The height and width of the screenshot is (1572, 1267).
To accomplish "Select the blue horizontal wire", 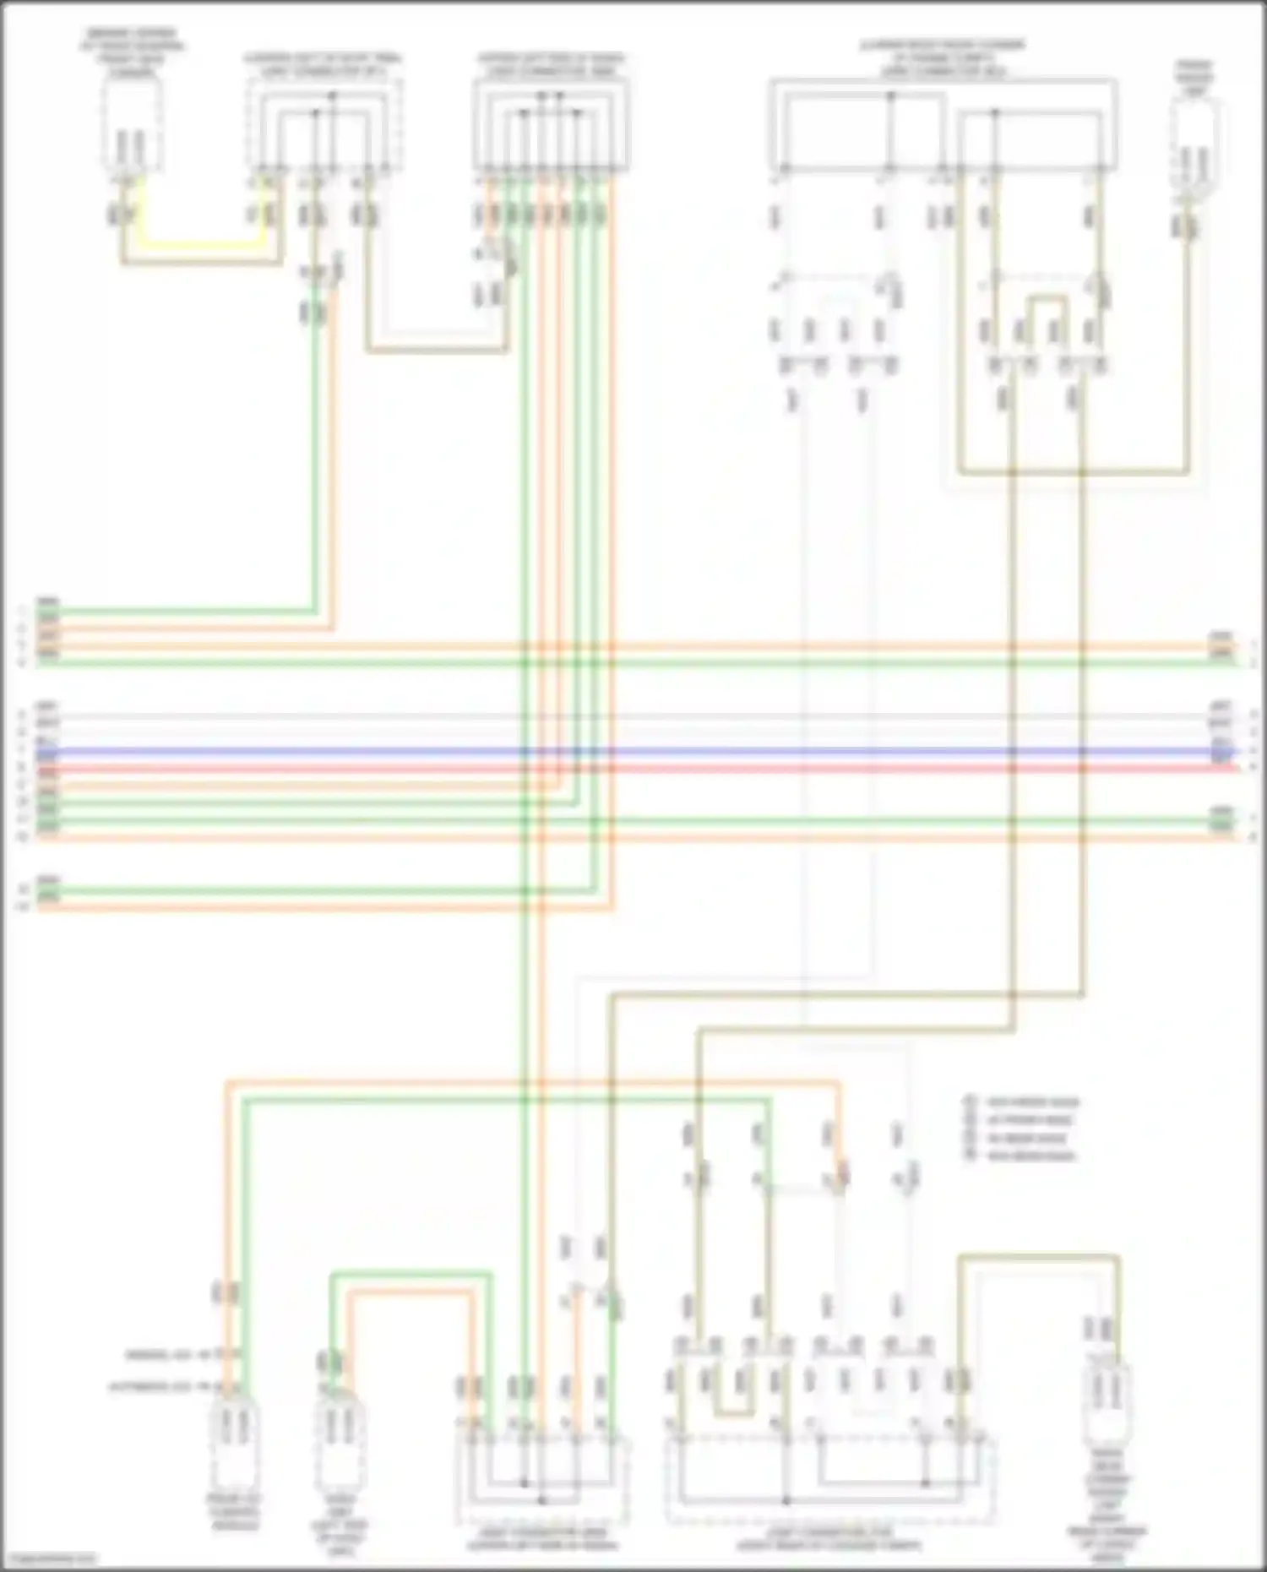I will [633, 751].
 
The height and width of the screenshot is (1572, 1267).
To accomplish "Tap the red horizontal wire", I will [633, 769].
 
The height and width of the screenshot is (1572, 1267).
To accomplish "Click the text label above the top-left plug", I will [133, 52].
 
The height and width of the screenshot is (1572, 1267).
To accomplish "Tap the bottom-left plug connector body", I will [235, 1444].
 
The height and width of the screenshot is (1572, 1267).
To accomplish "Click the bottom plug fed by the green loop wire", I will [339, 1444].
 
